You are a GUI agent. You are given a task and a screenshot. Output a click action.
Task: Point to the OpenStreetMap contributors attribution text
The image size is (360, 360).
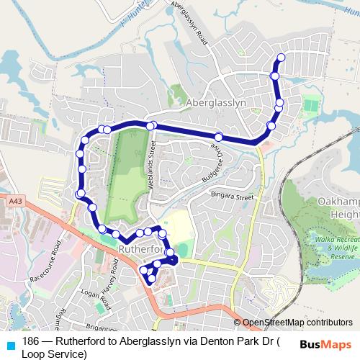coord(297,323)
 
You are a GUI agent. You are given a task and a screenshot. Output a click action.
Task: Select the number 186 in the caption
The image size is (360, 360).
coord(31,342)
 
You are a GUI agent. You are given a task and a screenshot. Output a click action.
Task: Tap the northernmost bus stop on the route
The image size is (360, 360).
coord(281,58)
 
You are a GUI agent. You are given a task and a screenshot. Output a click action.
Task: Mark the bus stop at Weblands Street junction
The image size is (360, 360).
coord(151,126)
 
